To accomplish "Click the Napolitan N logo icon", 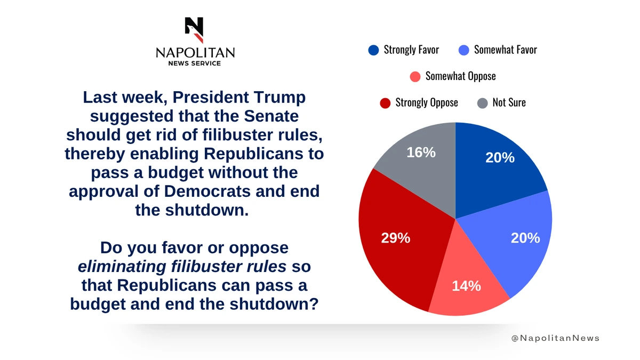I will pyautogui.click(x=194, y=30).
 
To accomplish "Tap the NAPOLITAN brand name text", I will pyautogui.click(x=195, y=52).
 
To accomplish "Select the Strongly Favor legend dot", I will pyautogui.click(x=373, y=50).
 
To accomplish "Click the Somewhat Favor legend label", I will pyautogui.click(x=505, y=50).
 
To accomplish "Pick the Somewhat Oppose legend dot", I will pyautogui.click(x=415, y=76).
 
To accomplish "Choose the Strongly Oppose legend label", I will pyautogui.click(x=426, y=102).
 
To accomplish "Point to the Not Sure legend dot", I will pyautogui.click(x=482, y=102).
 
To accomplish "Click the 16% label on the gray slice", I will pyautogui.click(x=421, y=153).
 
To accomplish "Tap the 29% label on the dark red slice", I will pyautogui.click(x=396, y=238).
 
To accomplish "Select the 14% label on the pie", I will pyautogui.click(x=466, y=286).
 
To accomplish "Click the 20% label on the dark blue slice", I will pyautogui.click(x=500, y=157).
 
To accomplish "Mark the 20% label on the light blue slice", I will pyautogui.click(x=525, y=238).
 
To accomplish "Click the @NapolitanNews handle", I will pyautogui.click(x=555, y=338).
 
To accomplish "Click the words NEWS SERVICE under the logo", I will pyautogui.click(x=195, y=63).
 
